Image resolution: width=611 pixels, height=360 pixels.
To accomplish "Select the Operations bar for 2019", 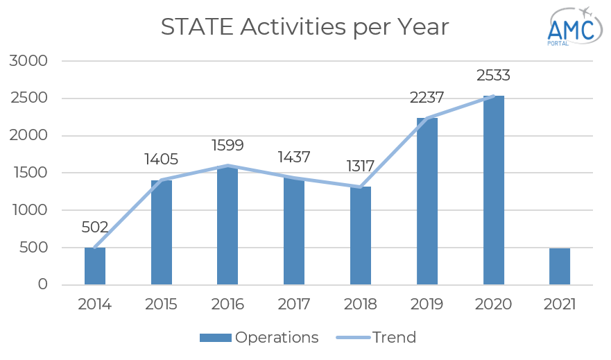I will click(427, 201).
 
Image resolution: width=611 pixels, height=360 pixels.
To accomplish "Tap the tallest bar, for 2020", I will click(494, 190).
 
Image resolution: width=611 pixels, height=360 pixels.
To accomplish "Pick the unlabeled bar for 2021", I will click(560, 266).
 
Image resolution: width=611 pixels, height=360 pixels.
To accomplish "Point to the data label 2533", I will click(493, 75).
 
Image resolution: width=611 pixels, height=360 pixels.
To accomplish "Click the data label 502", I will click(95, 228).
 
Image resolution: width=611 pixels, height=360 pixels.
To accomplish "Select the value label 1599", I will click(227, 146).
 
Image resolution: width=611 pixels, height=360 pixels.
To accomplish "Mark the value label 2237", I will click(427, 97).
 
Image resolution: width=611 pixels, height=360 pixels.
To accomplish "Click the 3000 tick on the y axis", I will click(29, 61).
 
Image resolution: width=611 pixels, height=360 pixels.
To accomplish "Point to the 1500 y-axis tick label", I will click(29, 173).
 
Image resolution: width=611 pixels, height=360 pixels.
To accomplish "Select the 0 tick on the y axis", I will click(42, 285).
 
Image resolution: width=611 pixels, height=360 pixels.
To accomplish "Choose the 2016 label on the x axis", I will click(227, 304).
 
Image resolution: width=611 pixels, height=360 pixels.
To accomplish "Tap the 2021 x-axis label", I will click(560, 304).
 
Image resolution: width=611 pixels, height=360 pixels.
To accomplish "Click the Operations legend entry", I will click(259, 338).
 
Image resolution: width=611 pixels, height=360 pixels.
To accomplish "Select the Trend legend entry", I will click(377, 338).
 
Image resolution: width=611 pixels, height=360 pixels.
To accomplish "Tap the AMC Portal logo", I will click(572, 26).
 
